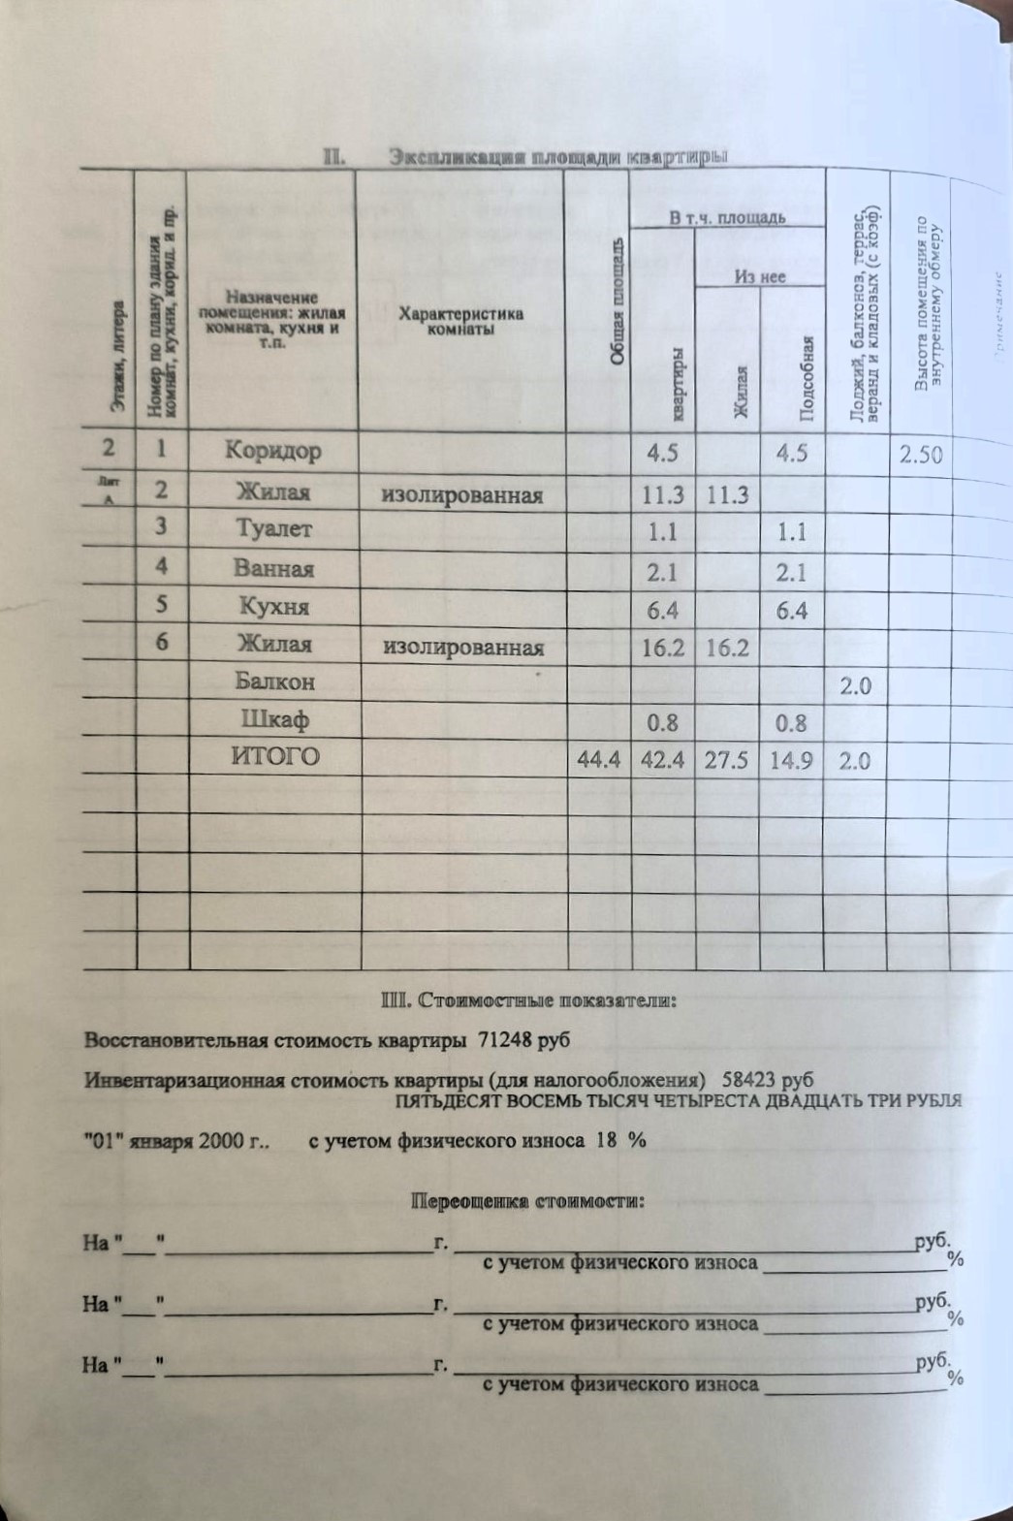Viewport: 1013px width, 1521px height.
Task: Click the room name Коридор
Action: point(272,451)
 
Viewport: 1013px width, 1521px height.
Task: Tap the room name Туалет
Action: point(273,529)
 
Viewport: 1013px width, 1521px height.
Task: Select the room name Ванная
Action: point(273,569)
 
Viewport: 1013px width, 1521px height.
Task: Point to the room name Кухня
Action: point(273,608)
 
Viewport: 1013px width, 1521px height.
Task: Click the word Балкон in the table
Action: point(274,681)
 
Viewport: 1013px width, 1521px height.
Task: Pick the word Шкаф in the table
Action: point(274,721)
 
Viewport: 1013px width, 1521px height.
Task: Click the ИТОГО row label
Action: point(274,757)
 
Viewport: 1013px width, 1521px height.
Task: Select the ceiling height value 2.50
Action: point(920,453)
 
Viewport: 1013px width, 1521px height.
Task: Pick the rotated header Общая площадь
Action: point(617,301)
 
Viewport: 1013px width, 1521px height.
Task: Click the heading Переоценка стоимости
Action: point(528,1202)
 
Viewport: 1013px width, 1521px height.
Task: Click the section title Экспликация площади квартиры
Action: point(557,157)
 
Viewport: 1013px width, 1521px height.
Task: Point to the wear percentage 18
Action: point(607,1141)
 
